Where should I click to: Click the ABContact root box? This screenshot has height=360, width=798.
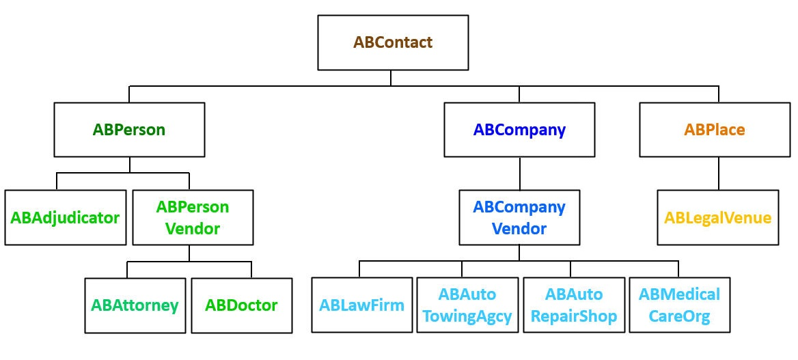tap(393, 42)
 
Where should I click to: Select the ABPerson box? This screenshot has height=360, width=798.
tap(129, 130)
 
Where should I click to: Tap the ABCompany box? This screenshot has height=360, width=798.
tap(519, 130)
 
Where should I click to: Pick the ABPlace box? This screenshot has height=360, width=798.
tap(715, 130)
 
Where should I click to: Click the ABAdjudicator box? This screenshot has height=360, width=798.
tap(66, 218)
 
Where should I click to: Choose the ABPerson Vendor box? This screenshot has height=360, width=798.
tap(192, 218)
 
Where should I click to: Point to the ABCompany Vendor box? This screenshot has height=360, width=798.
tap(519, 218)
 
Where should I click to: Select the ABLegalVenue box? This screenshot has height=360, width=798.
tap(717, 218)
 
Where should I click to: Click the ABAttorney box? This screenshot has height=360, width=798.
tap(135, 305)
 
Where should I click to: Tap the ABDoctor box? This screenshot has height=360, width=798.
tap(241, 305)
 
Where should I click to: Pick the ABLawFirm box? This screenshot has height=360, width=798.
tap(362, 305)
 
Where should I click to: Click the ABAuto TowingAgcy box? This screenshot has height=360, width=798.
tap(467, 305)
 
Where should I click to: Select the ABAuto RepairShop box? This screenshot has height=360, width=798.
tap(574, 305)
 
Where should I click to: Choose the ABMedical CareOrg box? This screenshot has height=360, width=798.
tap(679, 305)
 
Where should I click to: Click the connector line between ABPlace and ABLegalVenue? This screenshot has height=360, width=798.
tap(718, 174)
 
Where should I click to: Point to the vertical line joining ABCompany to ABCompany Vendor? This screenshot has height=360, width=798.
tap(519, 174)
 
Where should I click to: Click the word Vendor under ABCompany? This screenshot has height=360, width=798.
tap(519, 229)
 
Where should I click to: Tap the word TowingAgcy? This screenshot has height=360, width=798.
tap(467, 317)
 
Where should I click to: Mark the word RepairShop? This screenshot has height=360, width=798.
tap(574, 317)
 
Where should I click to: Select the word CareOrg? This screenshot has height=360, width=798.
tap(679, 317)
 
